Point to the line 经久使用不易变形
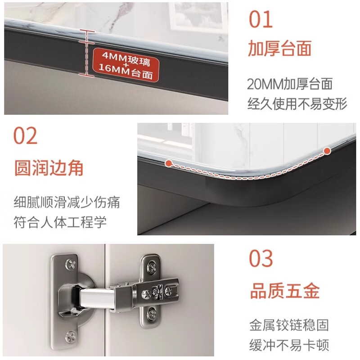(297, 104)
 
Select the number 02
(25, 136)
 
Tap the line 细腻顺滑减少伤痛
(67, 202)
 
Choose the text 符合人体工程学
(60, 222)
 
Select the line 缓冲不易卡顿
(289, 345)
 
